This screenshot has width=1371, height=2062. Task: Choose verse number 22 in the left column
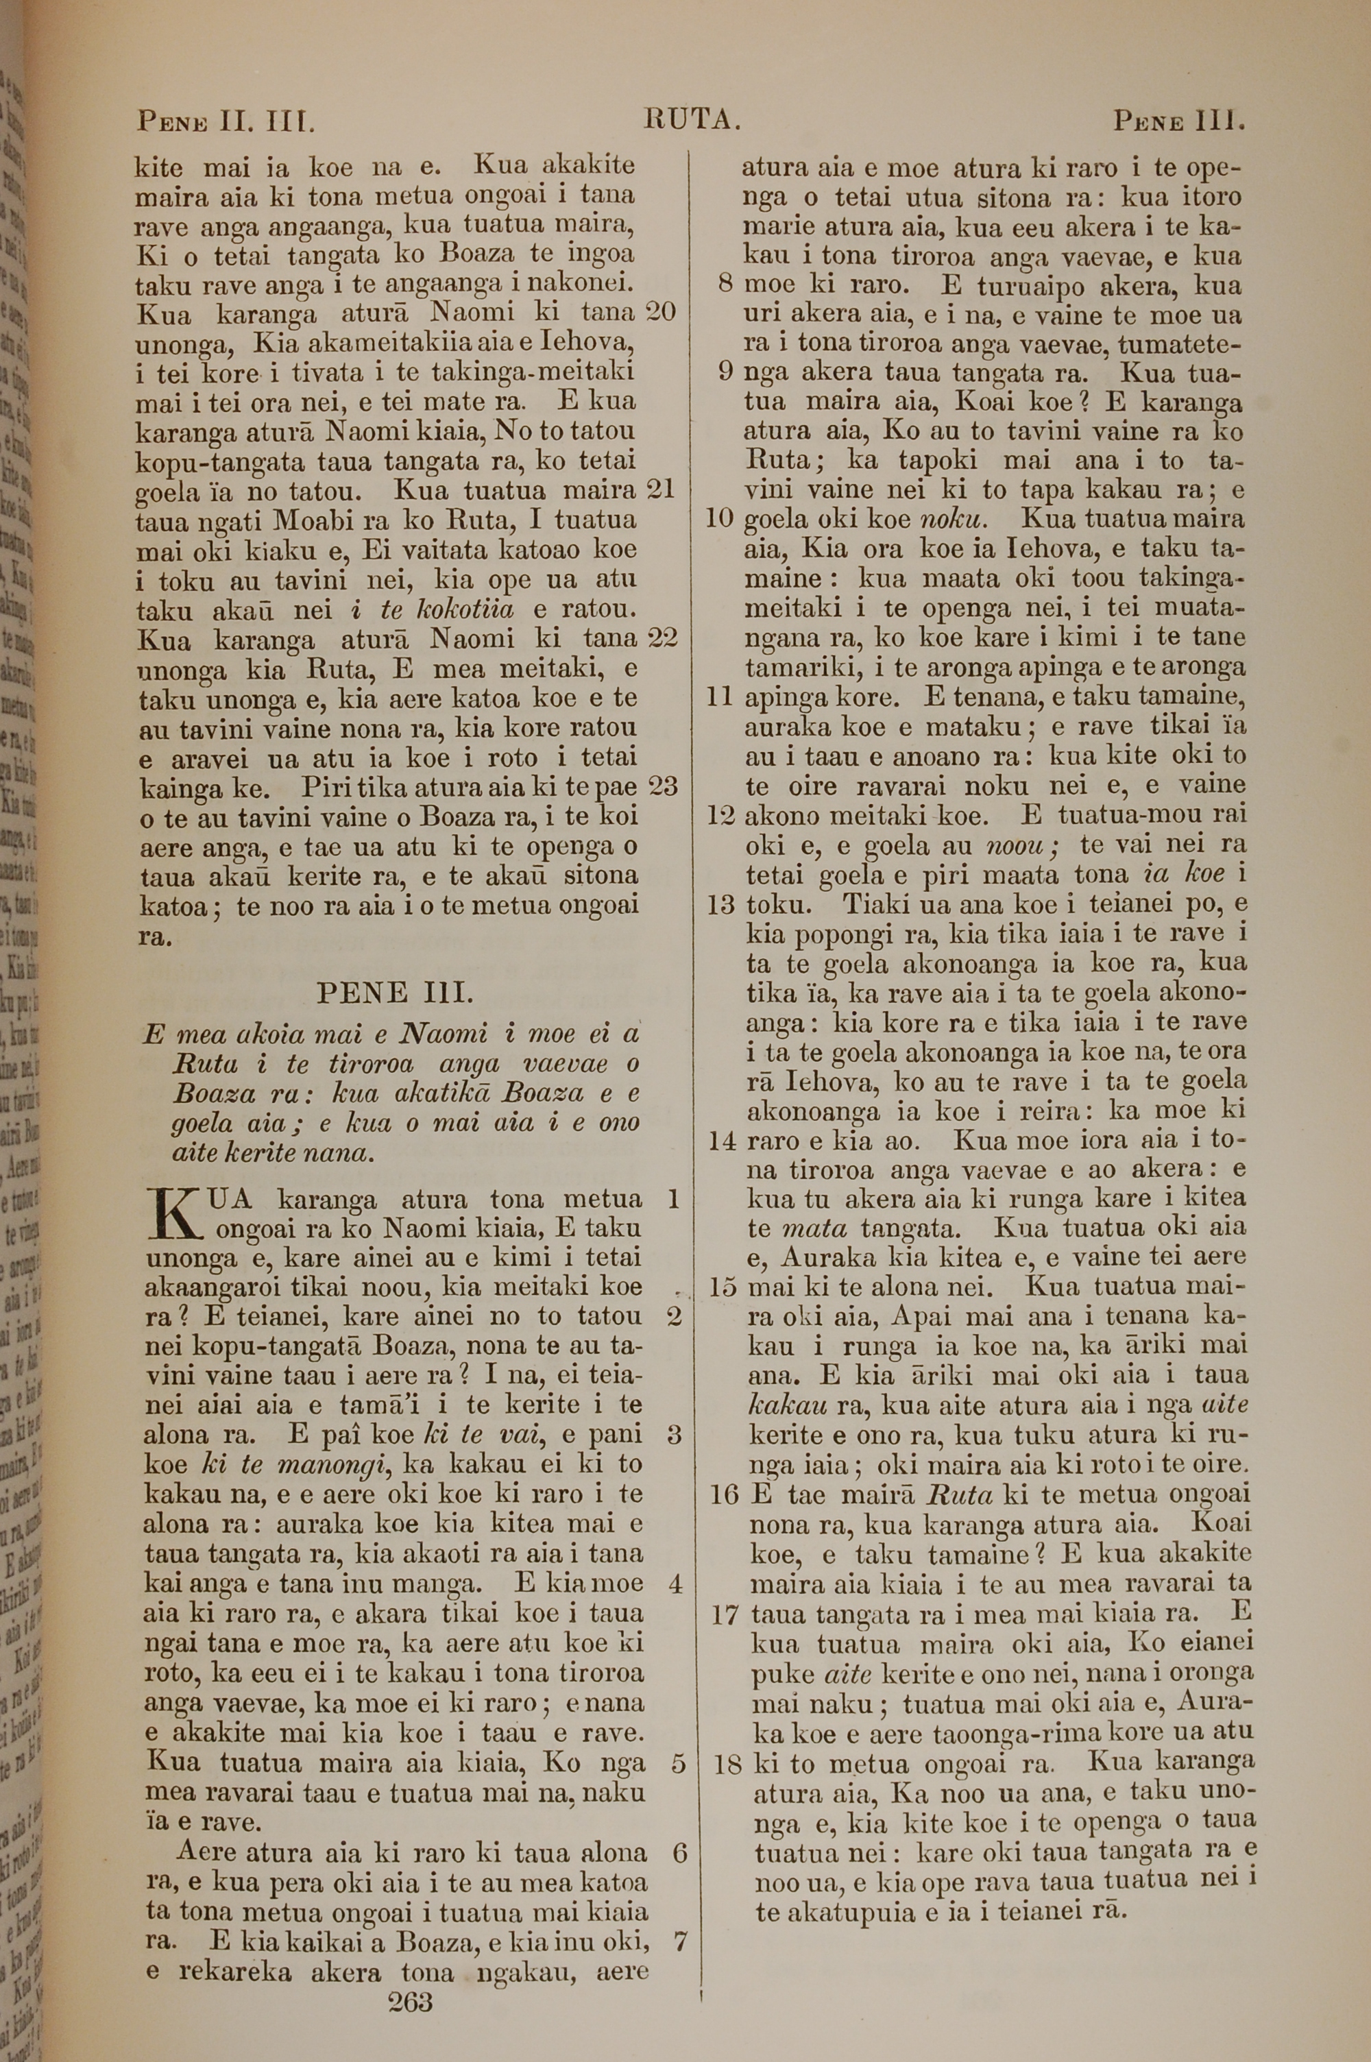coord(662,638)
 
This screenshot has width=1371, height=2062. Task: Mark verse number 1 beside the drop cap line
coord(673,1198)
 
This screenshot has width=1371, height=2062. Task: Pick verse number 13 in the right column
coord(720,903)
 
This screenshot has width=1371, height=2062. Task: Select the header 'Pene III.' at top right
coord(1178,120)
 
